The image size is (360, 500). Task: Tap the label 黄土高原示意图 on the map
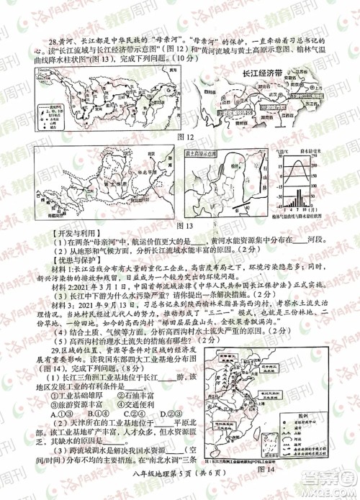204,154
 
